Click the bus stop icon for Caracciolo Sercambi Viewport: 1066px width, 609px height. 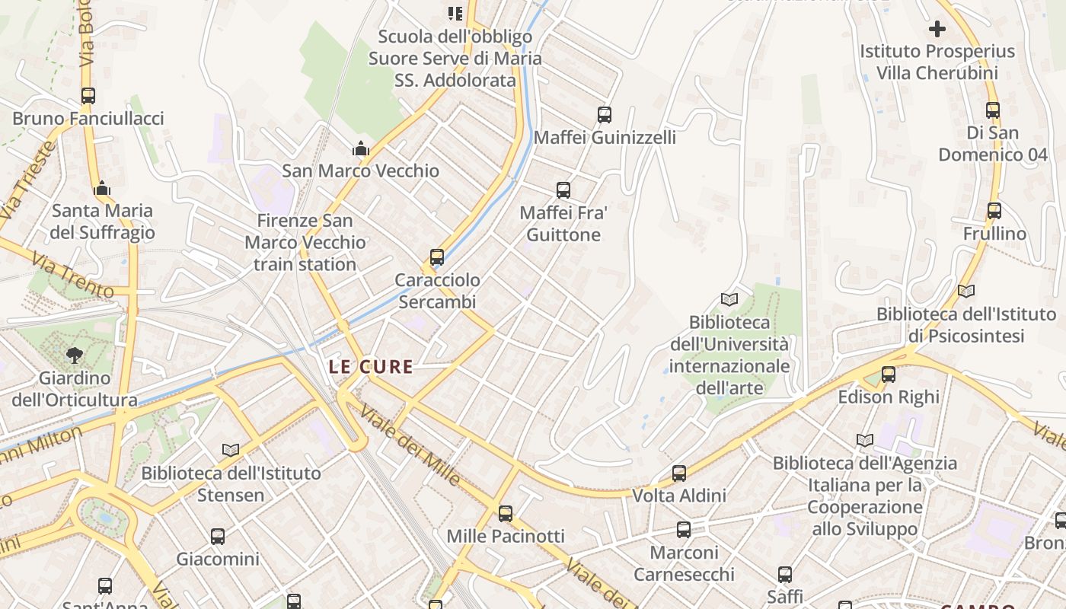click(436, 257)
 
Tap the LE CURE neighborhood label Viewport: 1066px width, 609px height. click(371, 367)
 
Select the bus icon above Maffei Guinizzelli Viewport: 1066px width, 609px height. click(604, 115)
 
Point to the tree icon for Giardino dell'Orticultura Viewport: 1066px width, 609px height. click(75, 354)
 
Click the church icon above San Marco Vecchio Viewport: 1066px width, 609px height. click(361, 148)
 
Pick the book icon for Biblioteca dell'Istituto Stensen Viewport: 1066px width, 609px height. click(230, 450)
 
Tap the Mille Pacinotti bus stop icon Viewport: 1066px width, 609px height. click(505, 514)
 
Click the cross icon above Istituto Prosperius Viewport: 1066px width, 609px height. click(937, 29)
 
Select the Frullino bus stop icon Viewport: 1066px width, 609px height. click(994, 211)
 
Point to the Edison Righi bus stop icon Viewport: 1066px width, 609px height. click(888, 375)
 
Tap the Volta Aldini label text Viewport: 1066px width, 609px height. click(679, 496)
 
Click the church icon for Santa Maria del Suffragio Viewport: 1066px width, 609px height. click(102, 188)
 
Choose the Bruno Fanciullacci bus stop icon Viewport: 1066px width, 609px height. click(88, 96)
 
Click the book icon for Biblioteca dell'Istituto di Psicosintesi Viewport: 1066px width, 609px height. click(965, 291)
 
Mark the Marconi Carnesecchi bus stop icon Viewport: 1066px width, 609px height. click(684, 530)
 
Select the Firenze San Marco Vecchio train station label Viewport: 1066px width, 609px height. click(305, 243)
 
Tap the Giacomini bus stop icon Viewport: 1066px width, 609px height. click(218, 537)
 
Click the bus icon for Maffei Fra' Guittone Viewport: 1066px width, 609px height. click(563, 190)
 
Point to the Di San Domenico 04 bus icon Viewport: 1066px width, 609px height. click(992, 110)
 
